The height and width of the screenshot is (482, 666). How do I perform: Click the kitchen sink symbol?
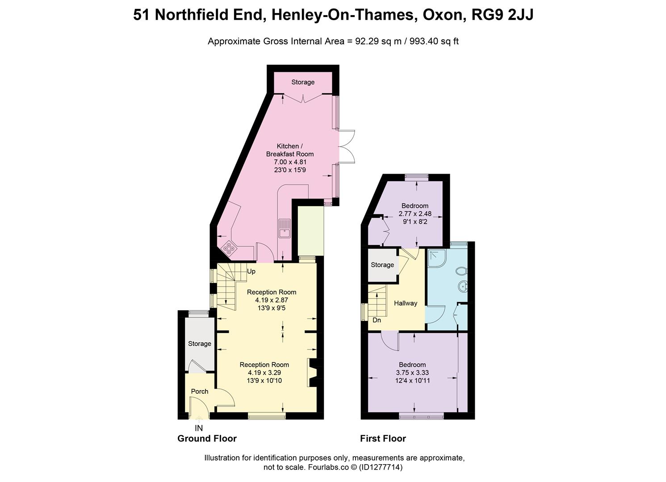(x=284, y=228)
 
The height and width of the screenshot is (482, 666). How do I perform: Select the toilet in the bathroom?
(x=462, y=271)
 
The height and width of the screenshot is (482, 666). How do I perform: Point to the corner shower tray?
(x=435, y=258)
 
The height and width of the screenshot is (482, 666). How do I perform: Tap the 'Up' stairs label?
(x=251, y=271)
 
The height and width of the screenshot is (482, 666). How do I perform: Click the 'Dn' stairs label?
(x=377, y=320)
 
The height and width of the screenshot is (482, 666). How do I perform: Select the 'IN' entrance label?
(x=199, y=428)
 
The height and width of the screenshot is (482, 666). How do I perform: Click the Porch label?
(x=200, y=391)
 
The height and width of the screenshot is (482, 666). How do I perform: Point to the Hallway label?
(x=406, y=303)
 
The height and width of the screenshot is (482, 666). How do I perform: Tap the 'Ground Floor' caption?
(x=207, y=438)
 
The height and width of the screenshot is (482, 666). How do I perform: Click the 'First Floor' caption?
(x=383, y=438)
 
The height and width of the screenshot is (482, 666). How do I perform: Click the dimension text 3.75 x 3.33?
(x=412, y=373)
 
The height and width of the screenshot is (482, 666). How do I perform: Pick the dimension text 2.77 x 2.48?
(x=415, y=214)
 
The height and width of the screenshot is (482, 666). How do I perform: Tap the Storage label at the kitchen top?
(x=303, y=82)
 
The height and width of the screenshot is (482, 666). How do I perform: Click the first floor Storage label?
(x=382, y=265)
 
